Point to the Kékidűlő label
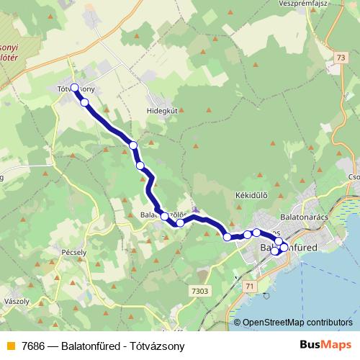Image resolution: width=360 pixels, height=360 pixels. tap(251, 195)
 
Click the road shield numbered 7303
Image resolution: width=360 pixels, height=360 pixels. tap(201, 291)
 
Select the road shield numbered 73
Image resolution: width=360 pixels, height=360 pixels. tap(351, 67)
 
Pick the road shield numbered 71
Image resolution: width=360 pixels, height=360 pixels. tap(250, 287)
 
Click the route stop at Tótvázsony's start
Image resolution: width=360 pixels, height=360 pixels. tap(74, 88)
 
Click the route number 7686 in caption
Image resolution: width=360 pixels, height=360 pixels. tap(34, 346)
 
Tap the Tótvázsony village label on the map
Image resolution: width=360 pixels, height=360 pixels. tap(76, 89)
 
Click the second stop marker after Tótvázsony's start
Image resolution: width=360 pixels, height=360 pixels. tap(133, 145)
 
